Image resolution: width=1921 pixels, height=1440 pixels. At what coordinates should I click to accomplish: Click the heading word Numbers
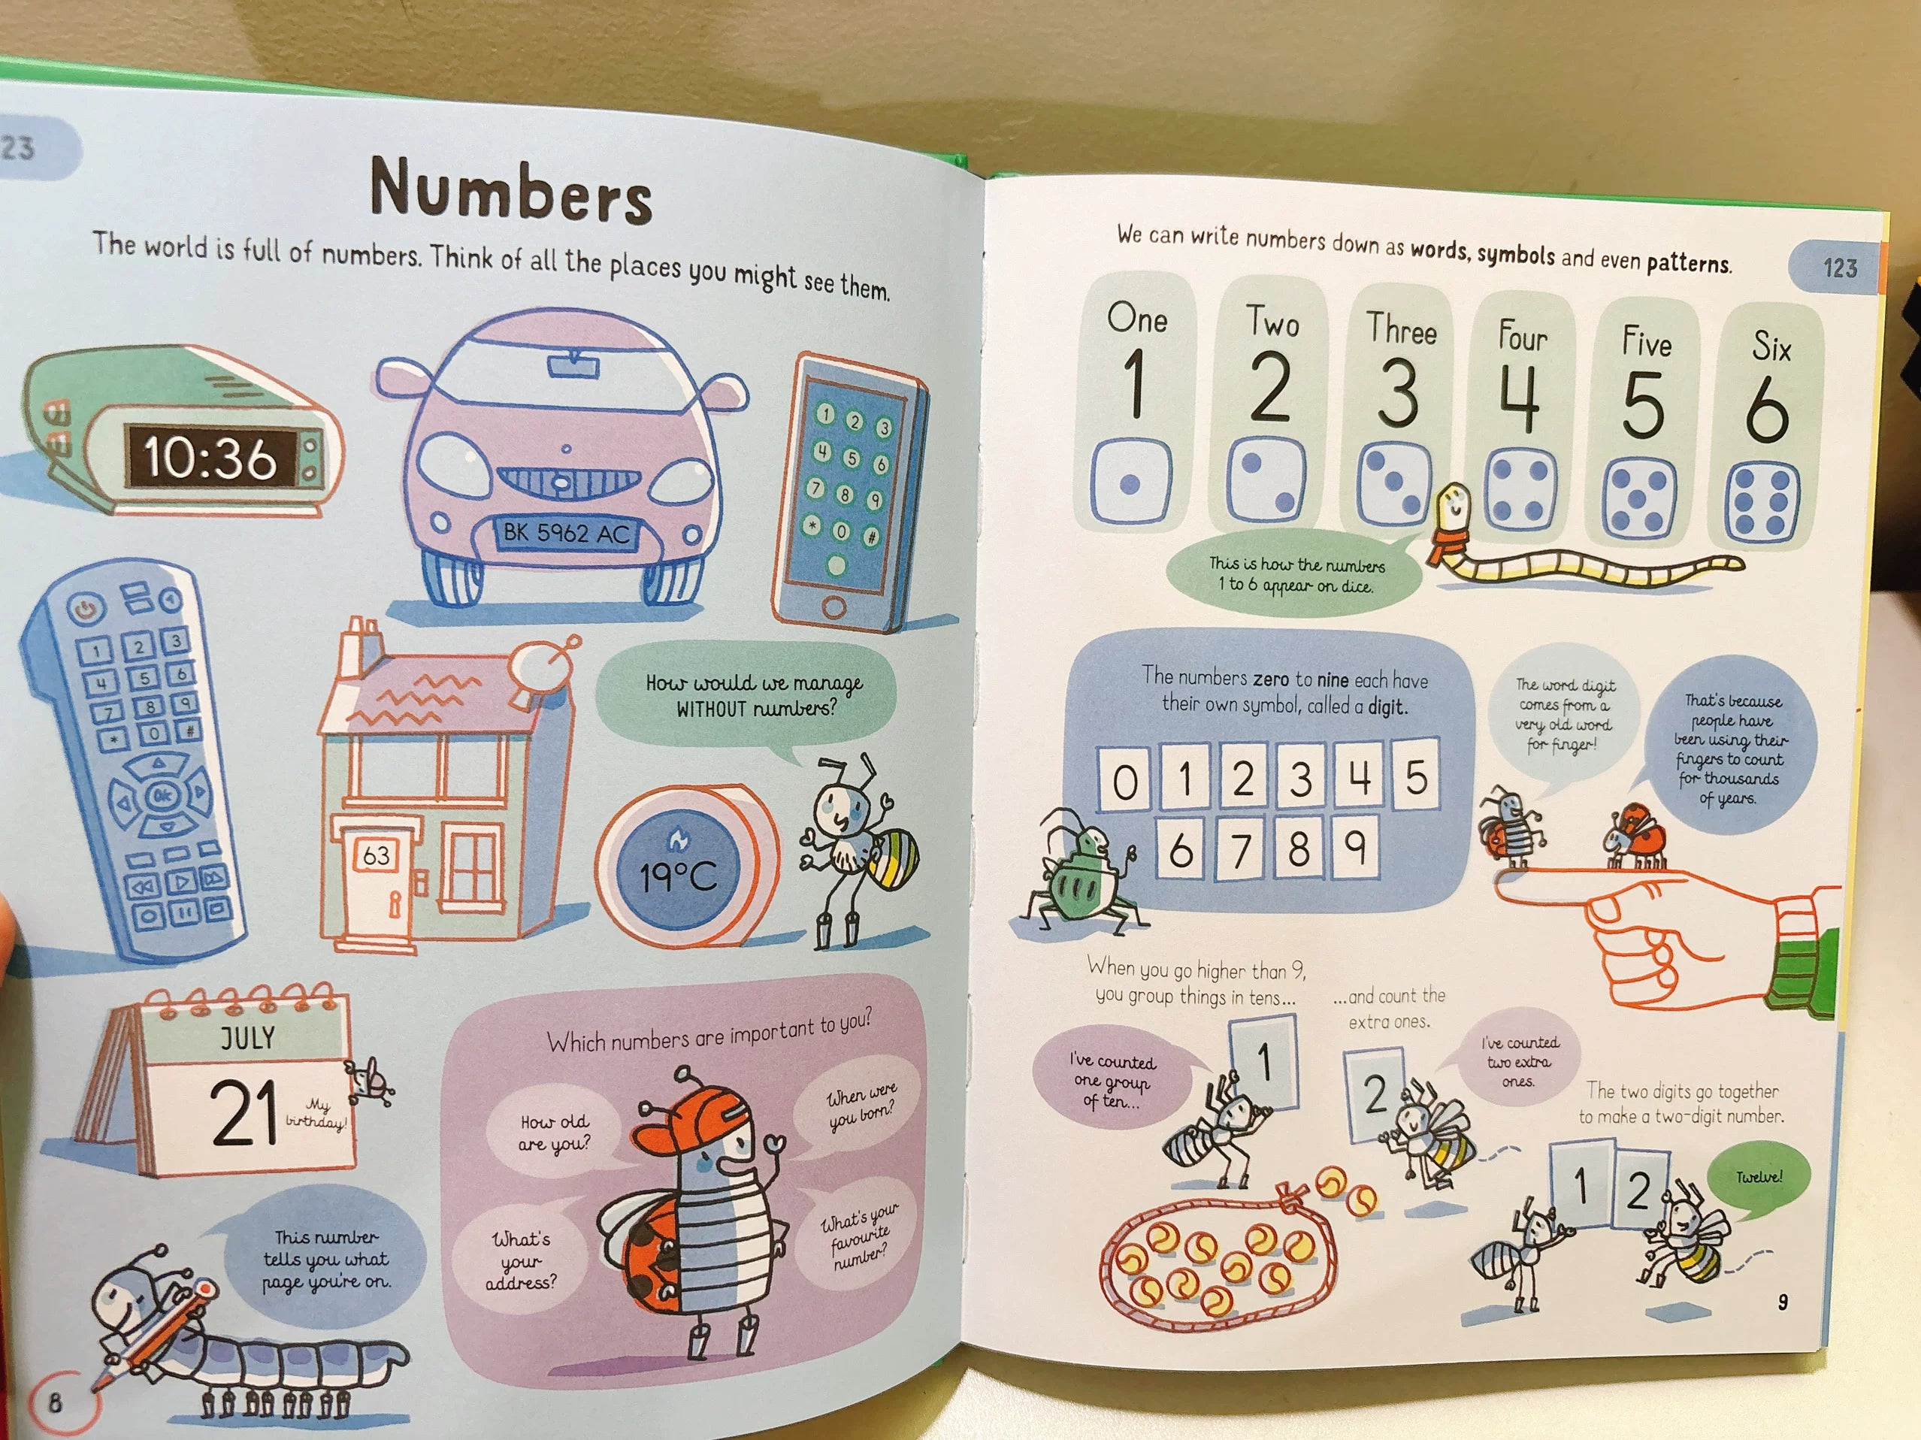(x=510, y=189)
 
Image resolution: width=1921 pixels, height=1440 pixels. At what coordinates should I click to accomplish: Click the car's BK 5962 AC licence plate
(x=566, y=532)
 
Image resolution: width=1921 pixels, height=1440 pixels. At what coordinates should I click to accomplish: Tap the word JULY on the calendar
(x=247, y=1038)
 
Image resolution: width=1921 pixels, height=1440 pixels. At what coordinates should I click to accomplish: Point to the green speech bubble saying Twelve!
(x=1758, y=1178)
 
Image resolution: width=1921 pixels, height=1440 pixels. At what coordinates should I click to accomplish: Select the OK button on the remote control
(x=161, y=794)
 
